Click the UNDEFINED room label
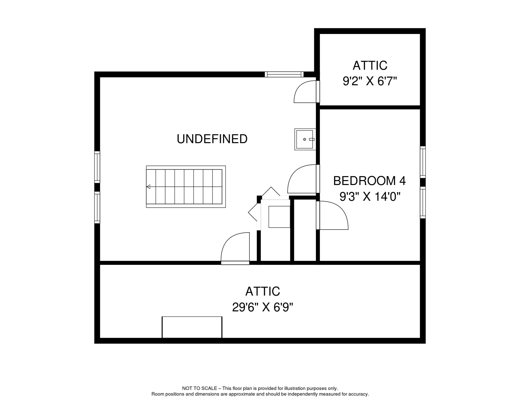pos(212,139)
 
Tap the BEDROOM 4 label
pos(369,181)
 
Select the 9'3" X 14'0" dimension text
pos(370,197)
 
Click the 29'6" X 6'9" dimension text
pos(262,307)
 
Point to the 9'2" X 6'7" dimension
pos(370,81)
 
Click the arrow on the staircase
pos(148,187)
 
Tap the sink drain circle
pos(304,139)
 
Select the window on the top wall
pos(284,74)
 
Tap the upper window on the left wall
pos(97,167)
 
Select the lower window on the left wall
pos(97,207)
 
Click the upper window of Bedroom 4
pos(423,162)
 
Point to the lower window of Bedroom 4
pos(423,202)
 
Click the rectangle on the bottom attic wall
pos(192,327)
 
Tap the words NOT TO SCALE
pos(200,388)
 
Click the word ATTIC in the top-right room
pos(370,65)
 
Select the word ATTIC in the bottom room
pos(262,291)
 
